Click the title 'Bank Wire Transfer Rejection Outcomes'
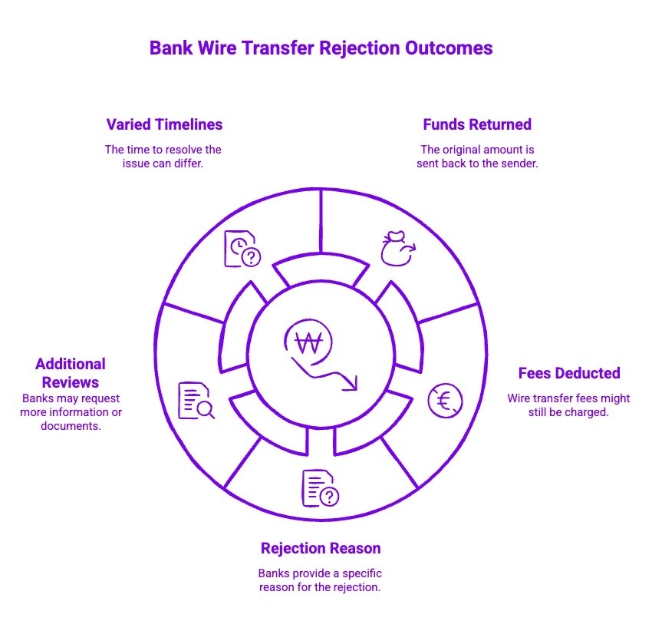pos(321,48)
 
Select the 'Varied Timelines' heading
pos(164,124)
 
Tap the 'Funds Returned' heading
pos(476,124)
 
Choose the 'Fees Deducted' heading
pos(568,373)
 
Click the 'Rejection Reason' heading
pos(320,548)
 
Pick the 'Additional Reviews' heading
pos(71,372)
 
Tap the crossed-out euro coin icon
pos(445,400)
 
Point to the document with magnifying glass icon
pos(196,401)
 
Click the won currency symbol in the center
pos(308,343)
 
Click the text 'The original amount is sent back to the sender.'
pos(476,157)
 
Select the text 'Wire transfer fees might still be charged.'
pos(568,405)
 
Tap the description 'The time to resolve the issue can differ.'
pos(163,157)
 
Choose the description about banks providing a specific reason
pos(320,580)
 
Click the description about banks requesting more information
pos(71,412)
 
